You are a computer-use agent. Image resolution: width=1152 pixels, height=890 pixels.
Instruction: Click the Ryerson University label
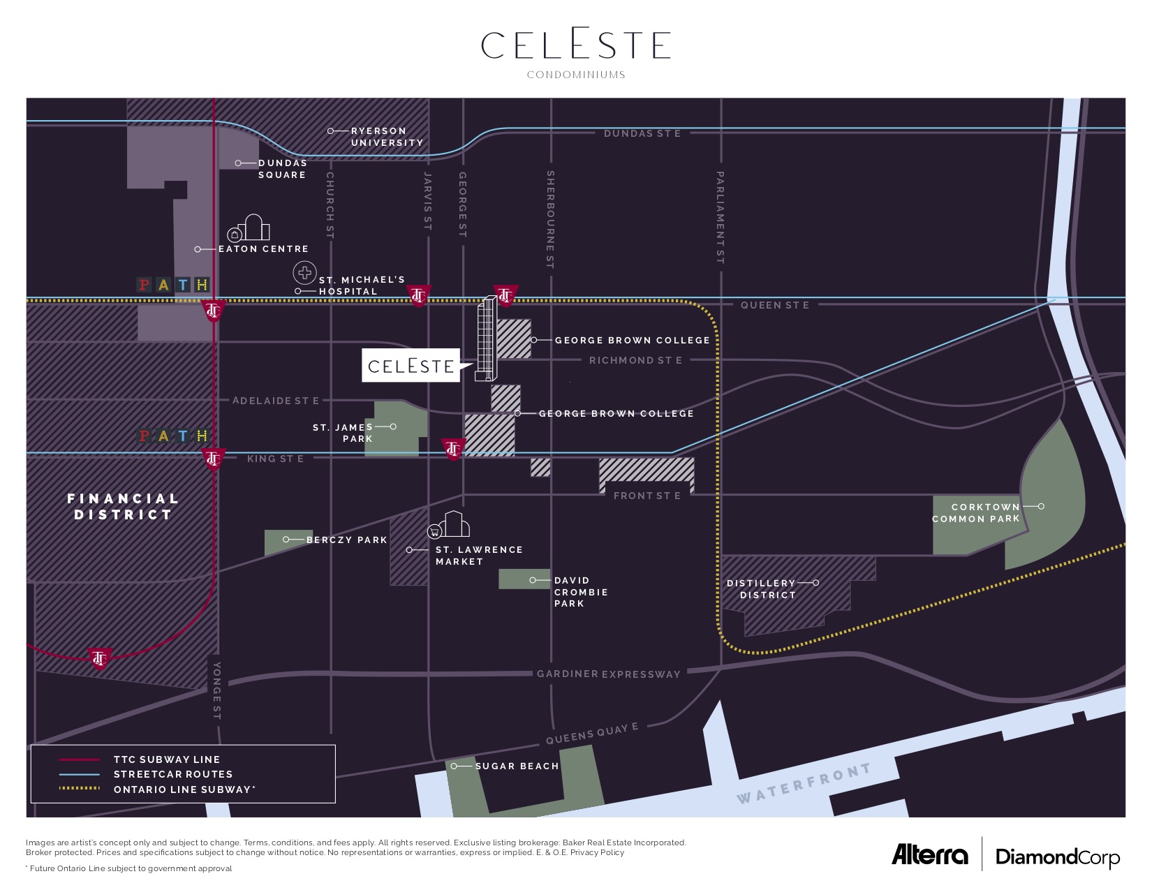[x=387, y=137]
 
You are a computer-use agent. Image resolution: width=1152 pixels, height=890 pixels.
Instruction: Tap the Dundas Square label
[x=282, y=169]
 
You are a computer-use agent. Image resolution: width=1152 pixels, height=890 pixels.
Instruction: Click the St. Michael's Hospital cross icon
[x=304, y=272]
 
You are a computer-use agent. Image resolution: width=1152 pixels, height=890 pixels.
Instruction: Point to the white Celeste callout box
[x=411, y=366]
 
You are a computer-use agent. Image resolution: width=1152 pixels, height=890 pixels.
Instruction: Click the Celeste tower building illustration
[x=486, y=339]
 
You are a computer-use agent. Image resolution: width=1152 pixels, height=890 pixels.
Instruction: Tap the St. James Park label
[x=343, y=433]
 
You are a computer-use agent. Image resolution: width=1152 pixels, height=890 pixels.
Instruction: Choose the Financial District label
[x=123, y=507]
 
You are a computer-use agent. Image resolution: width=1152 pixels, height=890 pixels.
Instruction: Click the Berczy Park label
[x=346, y=540]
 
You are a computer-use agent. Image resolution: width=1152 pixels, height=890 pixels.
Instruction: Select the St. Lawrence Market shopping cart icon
[x=435, y=531]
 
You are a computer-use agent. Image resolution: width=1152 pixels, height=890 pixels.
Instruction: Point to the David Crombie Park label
[x=581, y=592]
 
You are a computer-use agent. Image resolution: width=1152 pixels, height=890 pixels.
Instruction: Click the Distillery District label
[x=762, y=589]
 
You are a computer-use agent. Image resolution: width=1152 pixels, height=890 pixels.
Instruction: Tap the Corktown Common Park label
[x=976, y=513]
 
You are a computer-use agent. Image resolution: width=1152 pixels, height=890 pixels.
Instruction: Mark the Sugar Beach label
[x=517, y=766]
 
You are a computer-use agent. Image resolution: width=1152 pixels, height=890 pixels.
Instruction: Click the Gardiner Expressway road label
[x=608, y=674]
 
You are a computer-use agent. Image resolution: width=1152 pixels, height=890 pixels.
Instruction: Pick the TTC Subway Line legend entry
[x=166, y=759]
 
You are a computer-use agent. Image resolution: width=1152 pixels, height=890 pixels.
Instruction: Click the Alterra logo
[x=930, y=855]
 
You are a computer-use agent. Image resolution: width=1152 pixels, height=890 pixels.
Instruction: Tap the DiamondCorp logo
[x=1057, y=857]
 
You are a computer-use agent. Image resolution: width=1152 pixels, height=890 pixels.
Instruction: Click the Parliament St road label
[x=721, y=217]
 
